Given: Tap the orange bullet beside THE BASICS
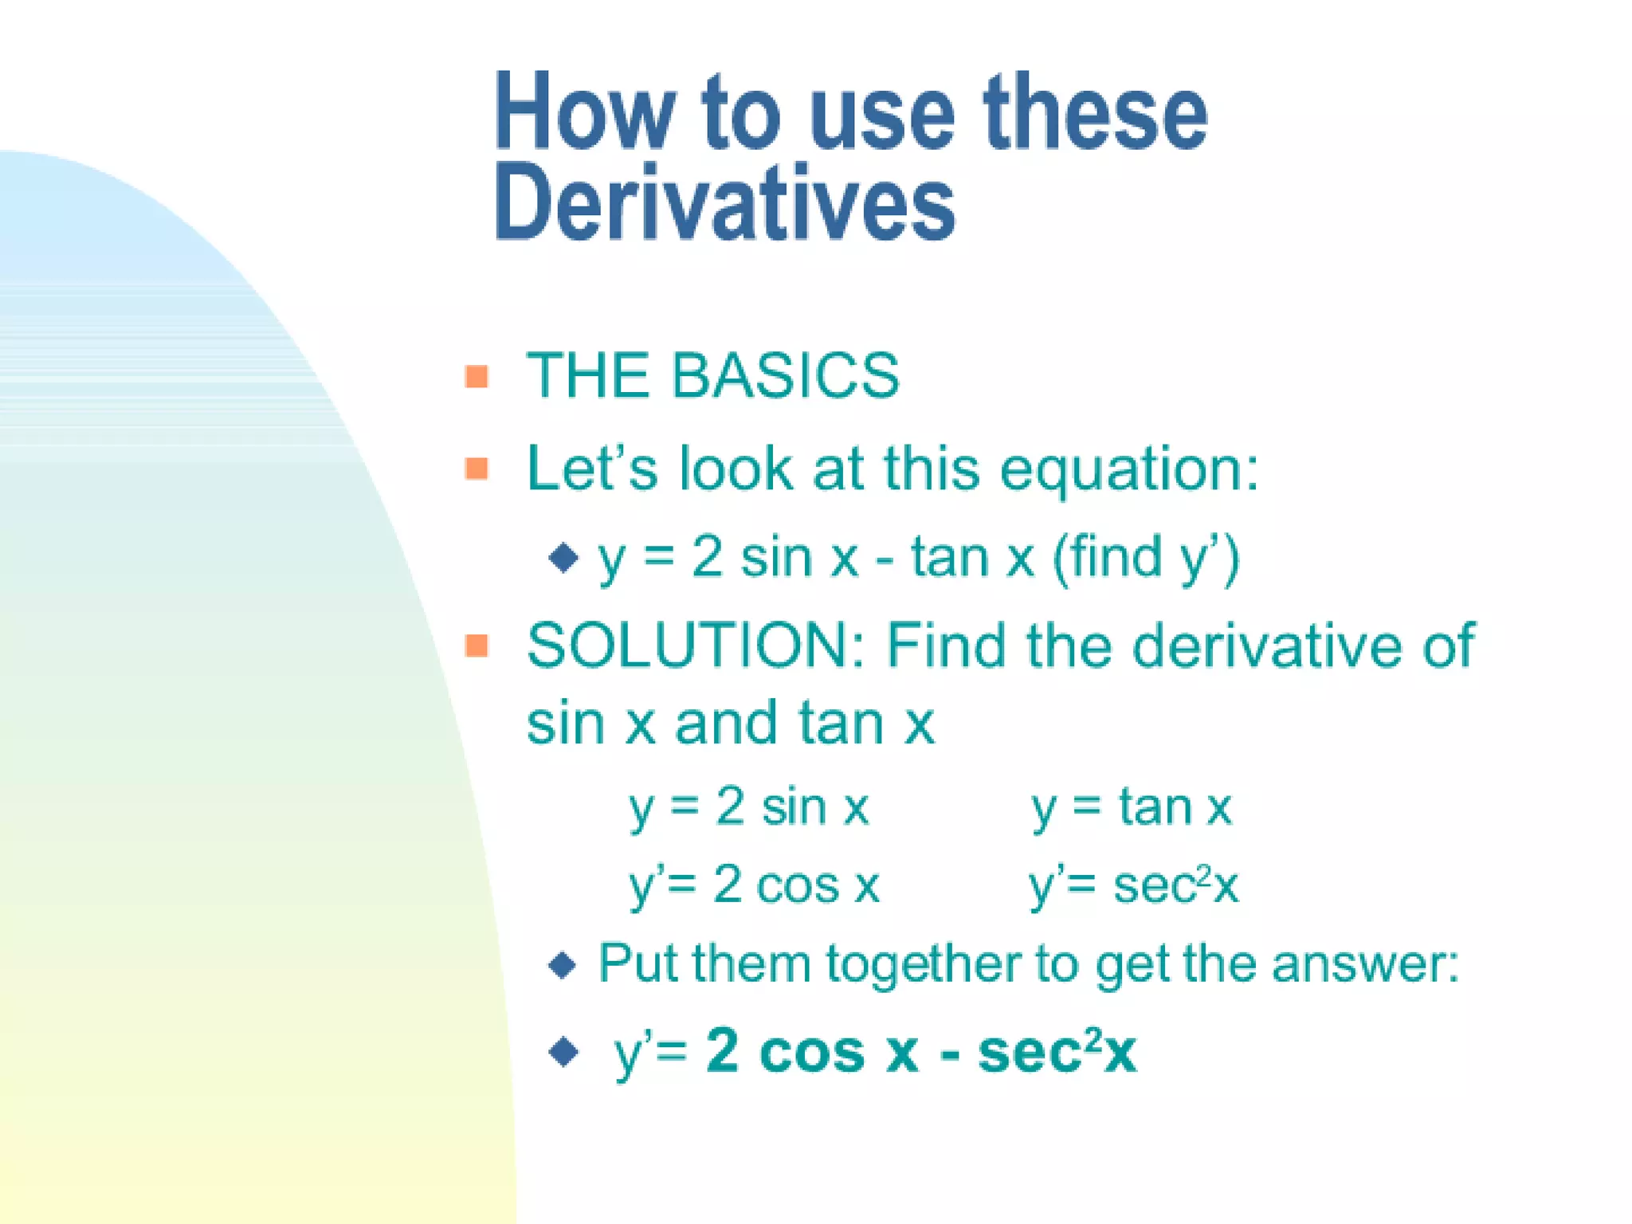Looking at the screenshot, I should click(477, 376).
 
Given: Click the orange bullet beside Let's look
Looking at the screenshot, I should click(477, 469).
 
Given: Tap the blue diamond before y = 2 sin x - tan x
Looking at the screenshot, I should click(563, 558).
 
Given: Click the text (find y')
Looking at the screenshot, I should click(1146, 558).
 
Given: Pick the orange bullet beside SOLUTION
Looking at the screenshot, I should click(477, 645).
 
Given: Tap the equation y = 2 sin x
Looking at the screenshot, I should click(747, 808).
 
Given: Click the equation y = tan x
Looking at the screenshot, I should click(1131, 808).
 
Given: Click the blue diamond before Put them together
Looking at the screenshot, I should click(563, 966).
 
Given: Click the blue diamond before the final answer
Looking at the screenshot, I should click(563, 1052).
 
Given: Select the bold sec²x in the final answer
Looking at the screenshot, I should click(1057, 1052).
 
